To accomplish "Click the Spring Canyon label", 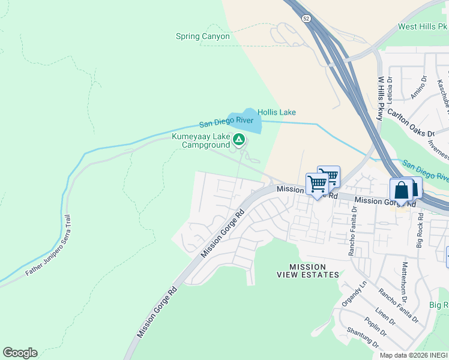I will tap(202, 36).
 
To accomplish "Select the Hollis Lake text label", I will tap(276, 112).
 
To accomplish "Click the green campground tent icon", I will tap(239, 140).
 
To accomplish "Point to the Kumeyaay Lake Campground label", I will tap(200, 140).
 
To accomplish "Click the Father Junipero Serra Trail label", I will tap(52, 255).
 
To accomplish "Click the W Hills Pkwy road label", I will tap(380, 98).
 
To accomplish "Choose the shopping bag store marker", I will tap(401, 190).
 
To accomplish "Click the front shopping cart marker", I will tap(316, 184).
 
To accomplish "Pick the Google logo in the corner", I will tap(20, 353).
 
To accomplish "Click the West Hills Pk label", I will tap(423, 27).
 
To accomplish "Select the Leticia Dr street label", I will tap(390, 87).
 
